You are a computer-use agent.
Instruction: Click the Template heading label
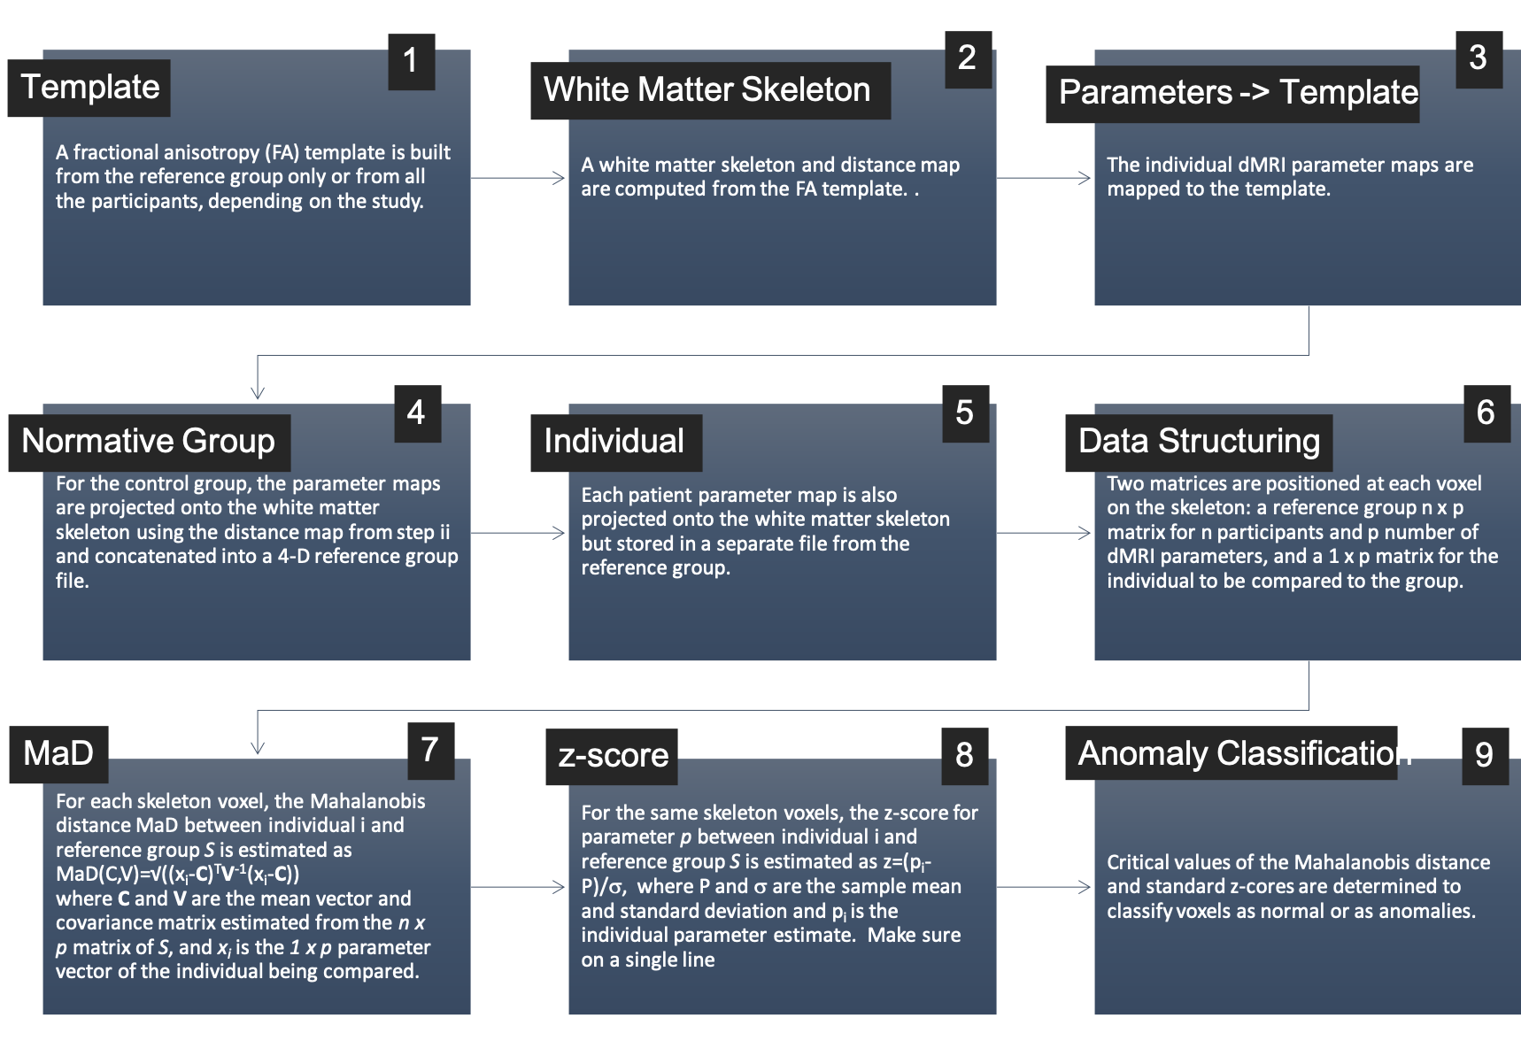(x=89, y=88)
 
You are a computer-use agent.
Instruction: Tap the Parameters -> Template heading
(x=1237, y=93)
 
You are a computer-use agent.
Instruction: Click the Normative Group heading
(x=149, y=442)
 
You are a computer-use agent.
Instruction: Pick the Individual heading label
(x=614, y=442)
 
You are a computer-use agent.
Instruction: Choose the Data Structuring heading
(x=1199, y=442)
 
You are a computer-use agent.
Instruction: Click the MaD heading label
(x=58, y=754)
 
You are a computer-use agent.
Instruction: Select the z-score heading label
(x=613, y=756)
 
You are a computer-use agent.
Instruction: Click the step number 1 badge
(x=411, y=61)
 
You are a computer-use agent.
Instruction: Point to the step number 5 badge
(x=965, y=413)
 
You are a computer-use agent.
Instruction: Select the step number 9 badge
(x=1485, y=755)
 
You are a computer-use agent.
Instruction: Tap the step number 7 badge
(x=430, y=751)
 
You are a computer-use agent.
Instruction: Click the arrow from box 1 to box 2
(x=519, y=178)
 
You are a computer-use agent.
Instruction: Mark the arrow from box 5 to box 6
(x=1045, y=533)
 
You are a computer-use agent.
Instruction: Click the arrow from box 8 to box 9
(x=1045, y=886)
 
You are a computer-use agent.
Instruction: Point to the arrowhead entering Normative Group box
(x=258, y=393)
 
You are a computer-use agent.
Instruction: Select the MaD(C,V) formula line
(x=177, y=875)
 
